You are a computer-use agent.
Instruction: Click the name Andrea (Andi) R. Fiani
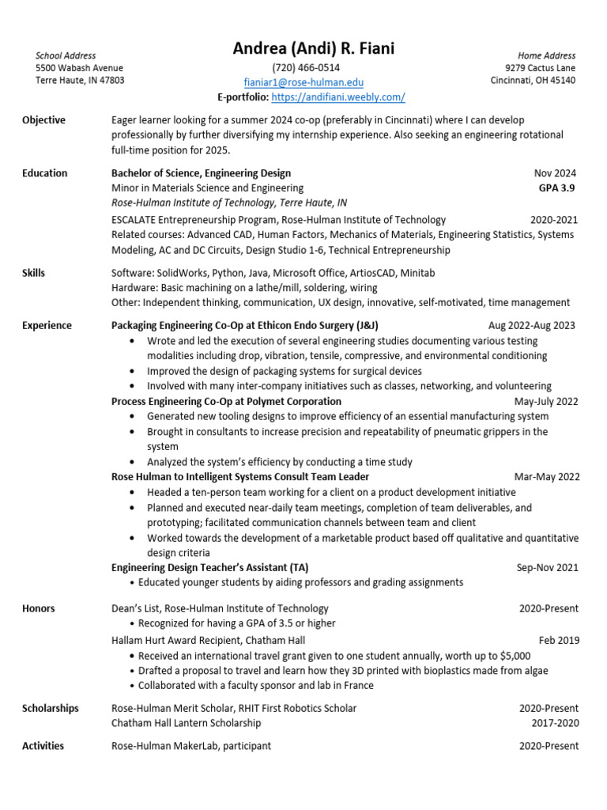314,49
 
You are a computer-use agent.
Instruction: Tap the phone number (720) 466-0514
306,68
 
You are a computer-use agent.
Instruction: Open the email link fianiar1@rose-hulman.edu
303,82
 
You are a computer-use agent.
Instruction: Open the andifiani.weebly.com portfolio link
337,97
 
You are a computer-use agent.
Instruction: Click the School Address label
66,55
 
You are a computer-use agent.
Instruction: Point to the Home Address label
547,55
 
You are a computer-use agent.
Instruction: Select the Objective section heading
43,120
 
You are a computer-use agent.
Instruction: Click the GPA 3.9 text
556,188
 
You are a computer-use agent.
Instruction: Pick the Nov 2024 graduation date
555,173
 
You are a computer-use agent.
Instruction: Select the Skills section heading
34,273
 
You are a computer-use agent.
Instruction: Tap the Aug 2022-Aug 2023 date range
532,326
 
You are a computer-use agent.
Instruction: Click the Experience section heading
47,326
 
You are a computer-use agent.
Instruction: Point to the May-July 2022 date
546,402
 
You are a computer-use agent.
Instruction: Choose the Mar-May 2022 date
547,477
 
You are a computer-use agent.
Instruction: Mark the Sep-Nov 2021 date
548,567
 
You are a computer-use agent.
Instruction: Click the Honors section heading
39,608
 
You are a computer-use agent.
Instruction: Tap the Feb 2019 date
559,640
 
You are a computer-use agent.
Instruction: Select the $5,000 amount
515,656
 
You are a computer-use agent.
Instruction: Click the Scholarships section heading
51,708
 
